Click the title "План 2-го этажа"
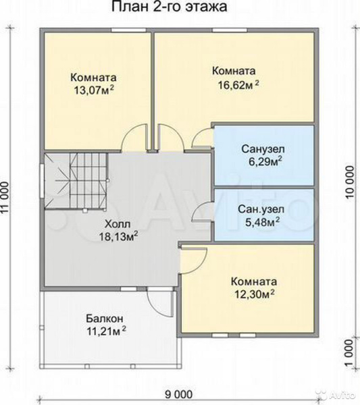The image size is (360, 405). [x=170, y=7]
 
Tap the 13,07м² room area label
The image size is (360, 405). [x=94, y=90]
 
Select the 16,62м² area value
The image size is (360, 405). [x=238, y=84]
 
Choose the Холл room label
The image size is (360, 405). [x=118, y=223]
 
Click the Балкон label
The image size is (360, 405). [x=105, y=319]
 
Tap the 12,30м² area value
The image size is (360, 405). [x=255, y=294]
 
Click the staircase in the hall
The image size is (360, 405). [x=76, y=180]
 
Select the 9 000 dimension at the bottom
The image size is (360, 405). [x=178, y=394]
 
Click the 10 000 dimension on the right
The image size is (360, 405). [x=349, y=182]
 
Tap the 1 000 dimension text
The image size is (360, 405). [x=349, y=352]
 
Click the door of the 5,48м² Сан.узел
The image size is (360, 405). [x=202, y=211]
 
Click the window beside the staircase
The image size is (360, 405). [x=42, y=180]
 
